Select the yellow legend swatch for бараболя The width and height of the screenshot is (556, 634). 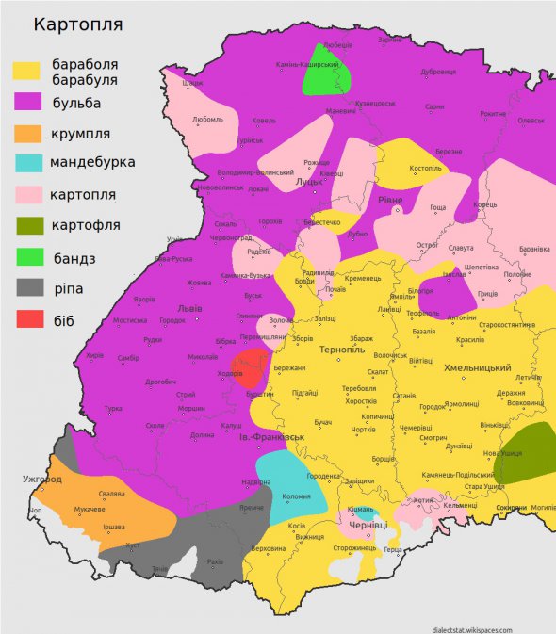(26, 71)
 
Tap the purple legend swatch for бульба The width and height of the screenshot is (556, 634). (26, 102)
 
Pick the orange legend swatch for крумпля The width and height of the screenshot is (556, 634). (26, 133)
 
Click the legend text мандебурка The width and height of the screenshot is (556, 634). (93, 162)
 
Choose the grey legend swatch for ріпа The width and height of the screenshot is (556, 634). (26, 287)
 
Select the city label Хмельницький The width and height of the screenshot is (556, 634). (477, 367)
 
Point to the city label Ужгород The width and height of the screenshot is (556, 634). (42, 480)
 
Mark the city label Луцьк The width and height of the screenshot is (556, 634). (309, 182)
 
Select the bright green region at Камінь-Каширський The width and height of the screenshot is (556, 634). (327, 73)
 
